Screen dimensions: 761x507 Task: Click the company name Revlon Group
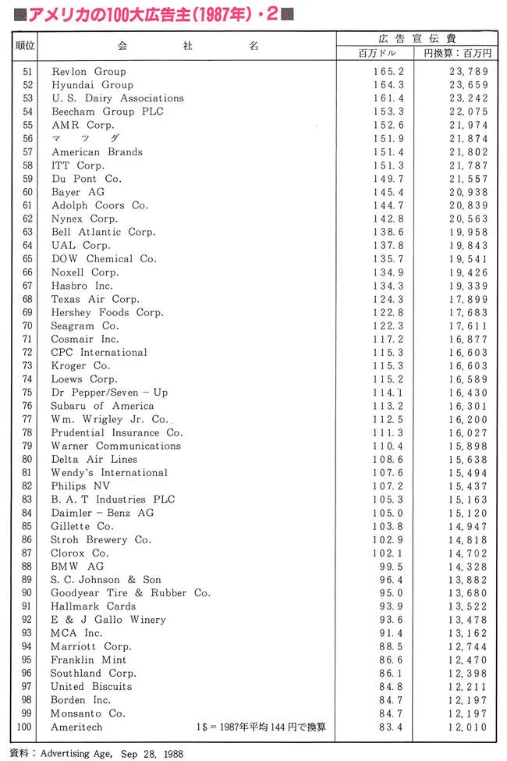(x=88, y=71)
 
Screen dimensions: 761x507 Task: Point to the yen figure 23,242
(x=465, y=98)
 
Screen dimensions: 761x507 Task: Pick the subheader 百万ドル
(x=377, y=52)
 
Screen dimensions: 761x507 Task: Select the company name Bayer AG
(x=78, y=191)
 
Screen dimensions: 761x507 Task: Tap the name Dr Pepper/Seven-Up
(x=109, y=392)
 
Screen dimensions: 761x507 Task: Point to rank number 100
(x=25, y=727)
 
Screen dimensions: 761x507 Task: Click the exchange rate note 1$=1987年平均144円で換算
(x=261, y=727)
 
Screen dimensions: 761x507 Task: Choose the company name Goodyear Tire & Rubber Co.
(x=130, y=592)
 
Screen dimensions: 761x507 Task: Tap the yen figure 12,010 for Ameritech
(x=465, y=727)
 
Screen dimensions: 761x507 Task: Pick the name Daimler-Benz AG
(x=102, y=513)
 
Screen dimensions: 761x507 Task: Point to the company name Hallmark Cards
(x=93, y=606)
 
